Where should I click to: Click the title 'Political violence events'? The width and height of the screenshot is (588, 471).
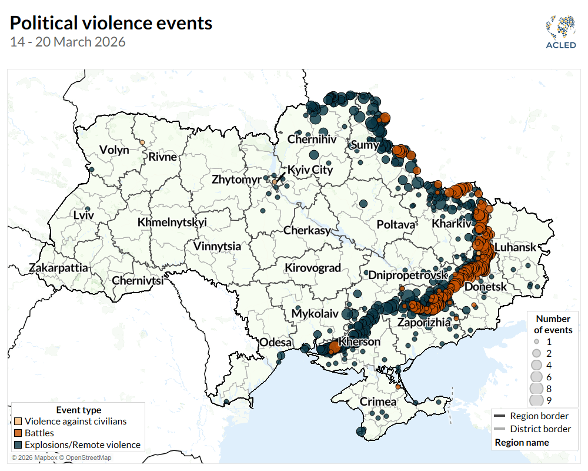[111, 23]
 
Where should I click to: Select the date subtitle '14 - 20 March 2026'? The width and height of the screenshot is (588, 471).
[68, 42]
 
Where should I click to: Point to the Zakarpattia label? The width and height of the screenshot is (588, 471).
[58, 268]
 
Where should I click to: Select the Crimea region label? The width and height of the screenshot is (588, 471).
[377, 402]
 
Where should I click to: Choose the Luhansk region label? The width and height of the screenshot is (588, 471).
[515, 247]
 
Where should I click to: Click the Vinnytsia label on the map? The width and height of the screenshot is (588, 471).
[217, 246]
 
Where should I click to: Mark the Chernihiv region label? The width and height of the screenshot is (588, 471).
[312, 140]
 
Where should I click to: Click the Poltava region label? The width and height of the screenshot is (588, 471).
[396, 224]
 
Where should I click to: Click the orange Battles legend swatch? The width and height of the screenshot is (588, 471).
[18, 433]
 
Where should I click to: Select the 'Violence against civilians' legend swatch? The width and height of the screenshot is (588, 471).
[18, 422]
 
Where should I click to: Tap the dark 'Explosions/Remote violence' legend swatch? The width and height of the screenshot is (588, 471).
[18, 445]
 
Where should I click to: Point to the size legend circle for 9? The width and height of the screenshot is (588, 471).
[536, 401]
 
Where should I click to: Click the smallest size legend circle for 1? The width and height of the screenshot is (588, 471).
[536, 341]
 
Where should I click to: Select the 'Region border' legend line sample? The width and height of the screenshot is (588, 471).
[499, 416]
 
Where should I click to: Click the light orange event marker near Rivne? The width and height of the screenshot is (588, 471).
[142, 142]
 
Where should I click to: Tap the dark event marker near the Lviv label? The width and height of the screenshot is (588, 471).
[88, 209]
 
